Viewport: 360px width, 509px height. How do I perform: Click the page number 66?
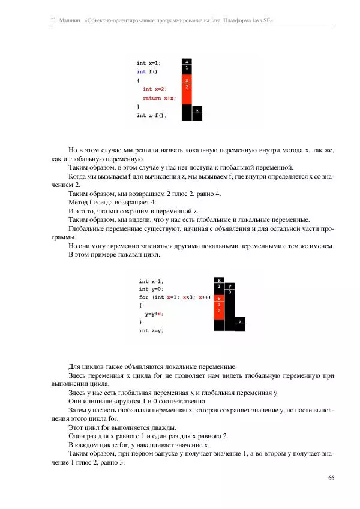pos(331,477)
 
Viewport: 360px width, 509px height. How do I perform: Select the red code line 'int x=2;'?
pos(155,89)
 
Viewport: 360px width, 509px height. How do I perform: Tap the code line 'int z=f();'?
pos(152,115)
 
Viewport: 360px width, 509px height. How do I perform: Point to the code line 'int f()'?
pos(147,71)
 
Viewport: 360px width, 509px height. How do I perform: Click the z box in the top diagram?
pos(197,110)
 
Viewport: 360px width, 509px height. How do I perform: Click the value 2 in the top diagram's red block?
pos(187,87)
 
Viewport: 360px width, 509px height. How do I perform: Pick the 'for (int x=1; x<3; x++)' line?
pos(174,297)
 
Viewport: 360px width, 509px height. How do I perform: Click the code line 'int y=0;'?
pos(151,289)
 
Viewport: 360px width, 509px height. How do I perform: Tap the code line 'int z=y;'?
pos(151,330)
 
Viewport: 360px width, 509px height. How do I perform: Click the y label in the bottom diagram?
pos(230,287)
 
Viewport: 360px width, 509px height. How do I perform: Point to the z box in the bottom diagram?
pos(240,322)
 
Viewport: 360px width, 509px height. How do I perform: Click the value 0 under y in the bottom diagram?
pos(230,293)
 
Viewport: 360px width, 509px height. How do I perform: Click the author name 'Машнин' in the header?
pos(70,20)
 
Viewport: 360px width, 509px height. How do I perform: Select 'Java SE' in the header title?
pos(262,20)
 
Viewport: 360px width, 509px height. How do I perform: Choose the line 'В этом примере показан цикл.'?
pos(112,254)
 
